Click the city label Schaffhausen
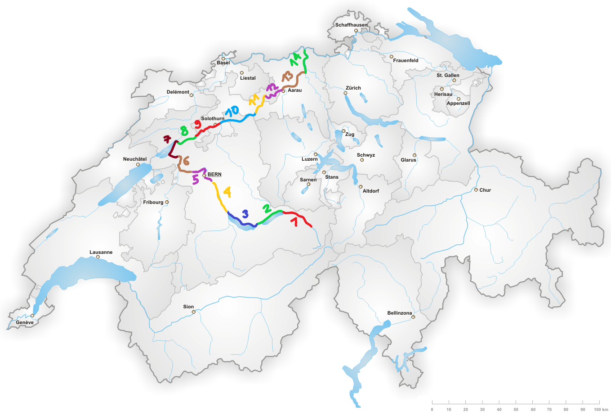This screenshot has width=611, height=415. click(351, 25)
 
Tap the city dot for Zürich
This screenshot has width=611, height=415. click(345, 93)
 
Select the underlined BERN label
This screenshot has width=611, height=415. click(214, 174)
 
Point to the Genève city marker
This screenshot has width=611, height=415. click(32, 316)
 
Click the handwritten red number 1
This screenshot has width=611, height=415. click(295, 221)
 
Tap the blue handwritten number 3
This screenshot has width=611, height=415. click(245, 214)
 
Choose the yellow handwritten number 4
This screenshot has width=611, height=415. click(227, 192)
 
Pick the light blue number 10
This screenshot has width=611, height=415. click(232, 111)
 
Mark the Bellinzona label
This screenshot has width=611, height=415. click(399, 313)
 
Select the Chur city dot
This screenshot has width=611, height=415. click(476, 190)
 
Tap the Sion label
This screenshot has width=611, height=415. click(188, 307)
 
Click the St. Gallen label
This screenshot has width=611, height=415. click(448, 75)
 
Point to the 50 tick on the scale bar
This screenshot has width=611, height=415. click(516, 401)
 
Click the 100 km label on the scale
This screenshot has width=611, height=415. click(601, 409)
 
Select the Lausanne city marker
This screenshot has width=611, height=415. click(98, 257)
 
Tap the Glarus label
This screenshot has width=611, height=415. click(408, 160)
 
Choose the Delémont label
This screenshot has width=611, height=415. click(178, 92)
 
